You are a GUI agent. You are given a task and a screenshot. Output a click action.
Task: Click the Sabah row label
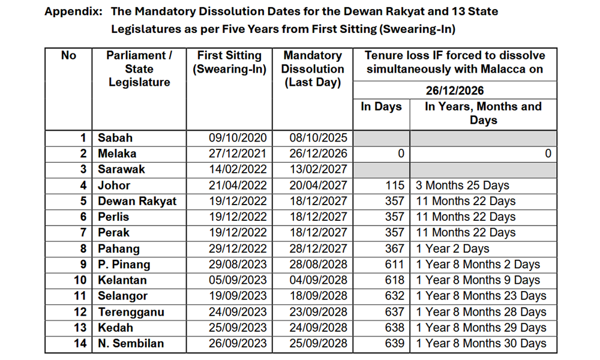coord(115,138)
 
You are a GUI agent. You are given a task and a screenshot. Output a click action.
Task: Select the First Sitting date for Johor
coord(237,185)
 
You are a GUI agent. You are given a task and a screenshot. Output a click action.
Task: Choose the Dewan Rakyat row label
coord(137,202)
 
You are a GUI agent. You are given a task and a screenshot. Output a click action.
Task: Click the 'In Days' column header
coord(381,107)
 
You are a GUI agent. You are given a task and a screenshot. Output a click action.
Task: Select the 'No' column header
coord(69,56)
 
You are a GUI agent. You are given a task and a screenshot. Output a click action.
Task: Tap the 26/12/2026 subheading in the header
coord(455,91)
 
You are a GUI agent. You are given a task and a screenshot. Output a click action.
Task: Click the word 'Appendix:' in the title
coord(71,12)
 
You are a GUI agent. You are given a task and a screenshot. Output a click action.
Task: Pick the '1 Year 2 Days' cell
coord(453,249)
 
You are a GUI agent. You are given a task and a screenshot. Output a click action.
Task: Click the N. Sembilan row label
coord(131,344)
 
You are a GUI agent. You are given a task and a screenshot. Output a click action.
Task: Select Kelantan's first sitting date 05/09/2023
coord(237,280)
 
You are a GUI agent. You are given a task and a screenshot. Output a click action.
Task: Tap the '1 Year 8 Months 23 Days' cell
coord(481,296)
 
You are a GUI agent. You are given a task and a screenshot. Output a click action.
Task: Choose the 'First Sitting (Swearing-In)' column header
coord(229,62)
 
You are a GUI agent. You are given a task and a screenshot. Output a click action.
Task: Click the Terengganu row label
coord(131,312)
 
